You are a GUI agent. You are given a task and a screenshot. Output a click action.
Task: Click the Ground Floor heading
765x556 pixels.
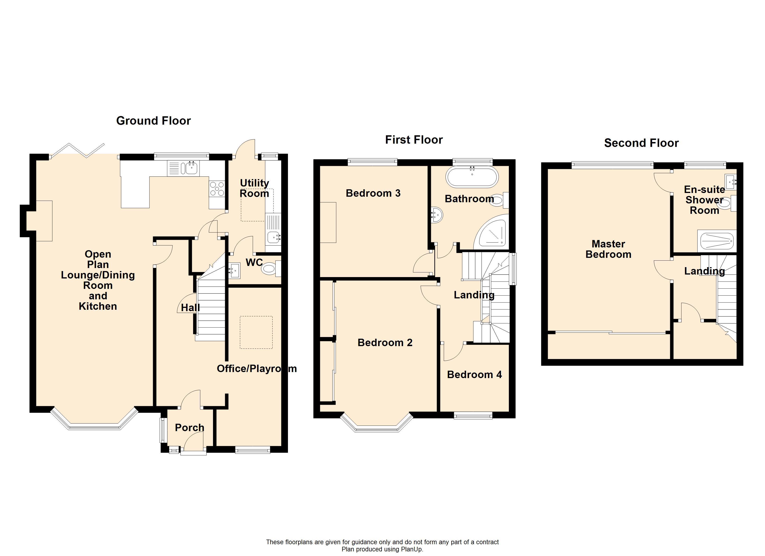point(153,121)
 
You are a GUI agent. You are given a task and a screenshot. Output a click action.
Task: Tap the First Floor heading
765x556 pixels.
point(414,140)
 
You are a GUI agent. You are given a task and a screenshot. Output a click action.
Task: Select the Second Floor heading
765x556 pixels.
point(641,143)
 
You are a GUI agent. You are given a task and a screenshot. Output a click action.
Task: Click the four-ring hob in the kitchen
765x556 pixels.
point(217,189)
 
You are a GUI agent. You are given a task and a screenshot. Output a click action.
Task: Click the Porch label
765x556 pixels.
point(190,427)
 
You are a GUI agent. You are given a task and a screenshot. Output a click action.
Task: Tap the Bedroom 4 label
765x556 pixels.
point(474,375)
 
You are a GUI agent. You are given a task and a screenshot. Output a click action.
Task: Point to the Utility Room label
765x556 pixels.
point(254,188)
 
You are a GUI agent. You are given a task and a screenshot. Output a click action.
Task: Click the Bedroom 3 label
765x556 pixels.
point(373,193)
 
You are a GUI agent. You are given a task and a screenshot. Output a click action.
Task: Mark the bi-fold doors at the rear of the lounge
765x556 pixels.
point(77,150)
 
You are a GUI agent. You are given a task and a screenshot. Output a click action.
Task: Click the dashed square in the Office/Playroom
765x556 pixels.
point(256,332)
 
